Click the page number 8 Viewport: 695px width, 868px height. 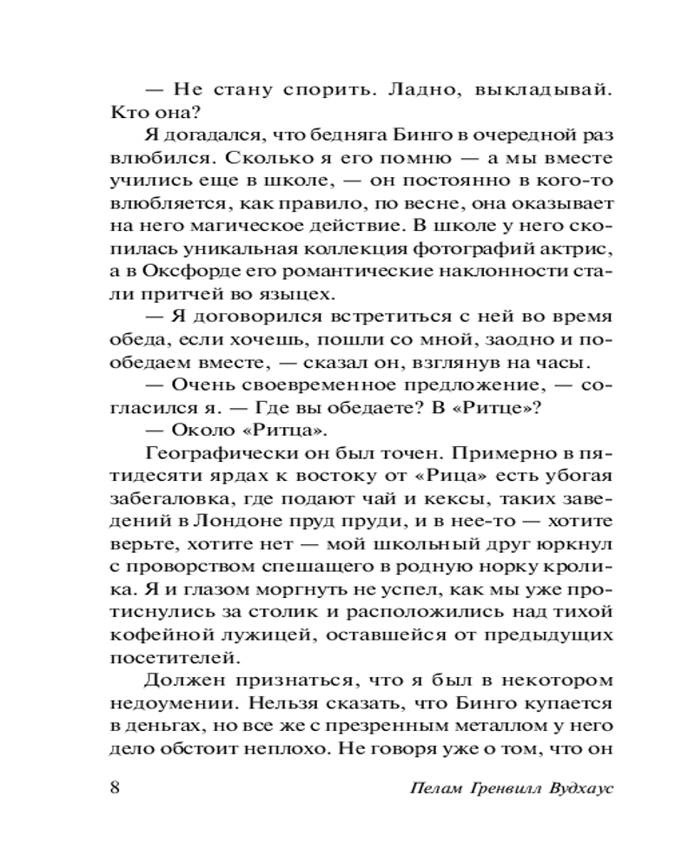[x=116, y=788]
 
